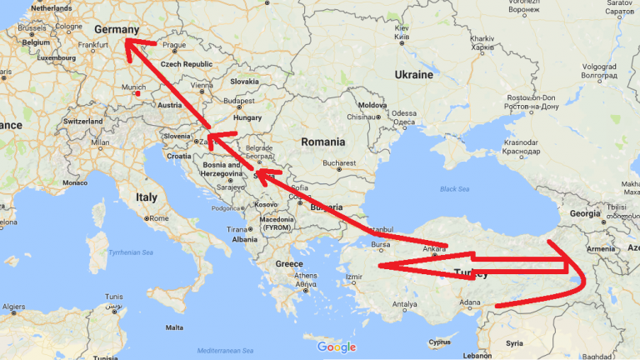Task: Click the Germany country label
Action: coord(116,30)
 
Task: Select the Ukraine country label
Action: coord(413,75)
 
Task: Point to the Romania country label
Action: coord(322,142)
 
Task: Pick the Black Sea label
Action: coord(455,189)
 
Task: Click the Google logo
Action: coord(336,347)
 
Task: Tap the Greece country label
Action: coord(289,264)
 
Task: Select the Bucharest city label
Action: coord(340,162)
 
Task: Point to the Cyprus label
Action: coord(438,342)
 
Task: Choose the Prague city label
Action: coord(174,45)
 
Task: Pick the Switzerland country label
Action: coord(82,121)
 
